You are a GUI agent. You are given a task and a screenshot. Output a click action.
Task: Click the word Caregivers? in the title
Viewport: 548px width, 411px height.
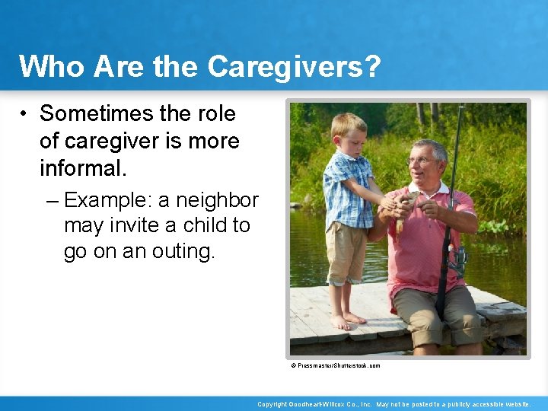point(295,66)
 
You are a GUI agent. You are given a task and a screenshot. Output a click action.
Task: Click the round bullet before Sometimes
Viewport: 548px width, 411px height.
point(25,115)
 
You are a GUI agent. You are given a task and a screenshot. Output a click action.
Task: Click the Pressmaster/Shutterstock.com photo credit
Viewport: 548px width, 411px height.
point(336,366)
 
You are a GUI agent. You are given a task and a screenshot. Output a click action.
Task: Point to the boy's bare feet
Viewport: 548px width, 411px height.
point(346,320)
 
